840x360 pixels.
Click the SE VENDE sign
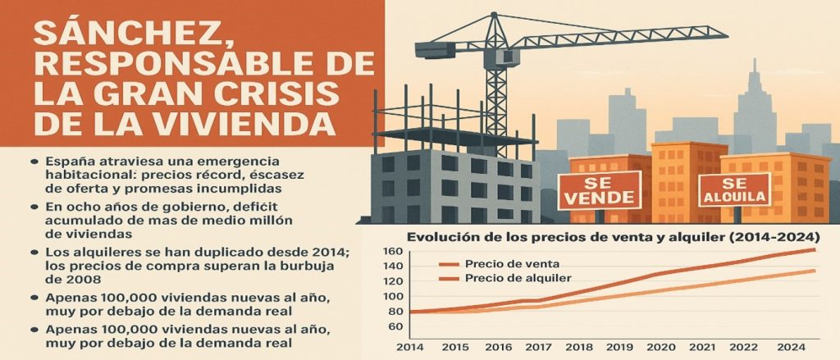point(600,189)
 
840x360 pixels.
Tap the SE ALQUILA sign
point(734,190)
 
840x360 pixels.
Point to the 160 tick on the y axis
point(394,252)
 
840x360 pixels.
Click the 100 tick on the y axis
point(394,295)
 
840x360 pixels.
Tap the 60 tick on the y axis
point(395,326)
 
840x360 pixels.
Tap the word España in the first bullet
point(71,160)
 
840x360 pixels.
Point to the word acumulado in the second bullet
point(84,220)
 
